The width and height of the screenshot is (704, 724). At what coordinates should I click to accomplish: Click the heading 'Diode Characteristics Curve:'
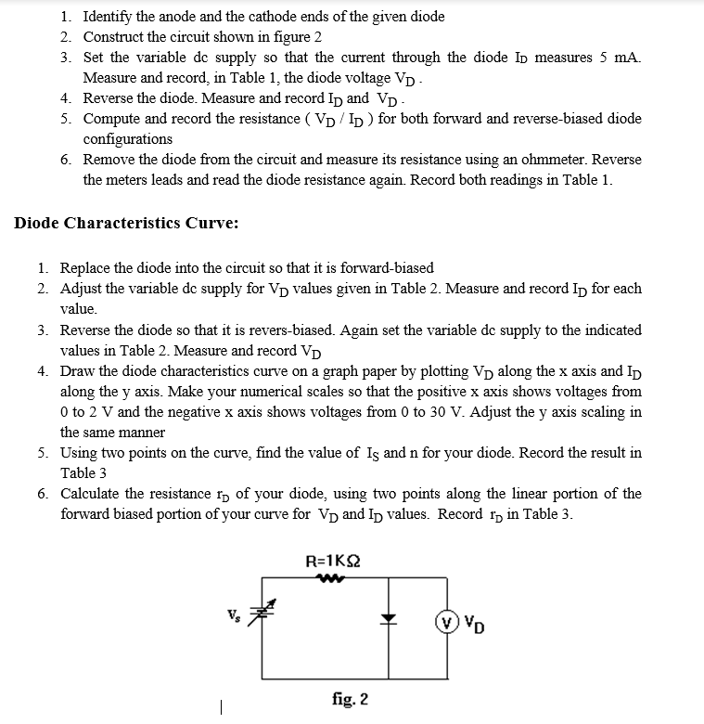coord(126,223)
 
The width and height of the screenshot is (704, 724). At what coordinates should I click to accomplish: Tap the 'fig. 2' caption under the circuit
coord(349,697)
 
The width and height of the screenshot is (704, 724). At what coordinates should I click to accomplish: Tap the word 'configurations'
coord(127,139)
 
